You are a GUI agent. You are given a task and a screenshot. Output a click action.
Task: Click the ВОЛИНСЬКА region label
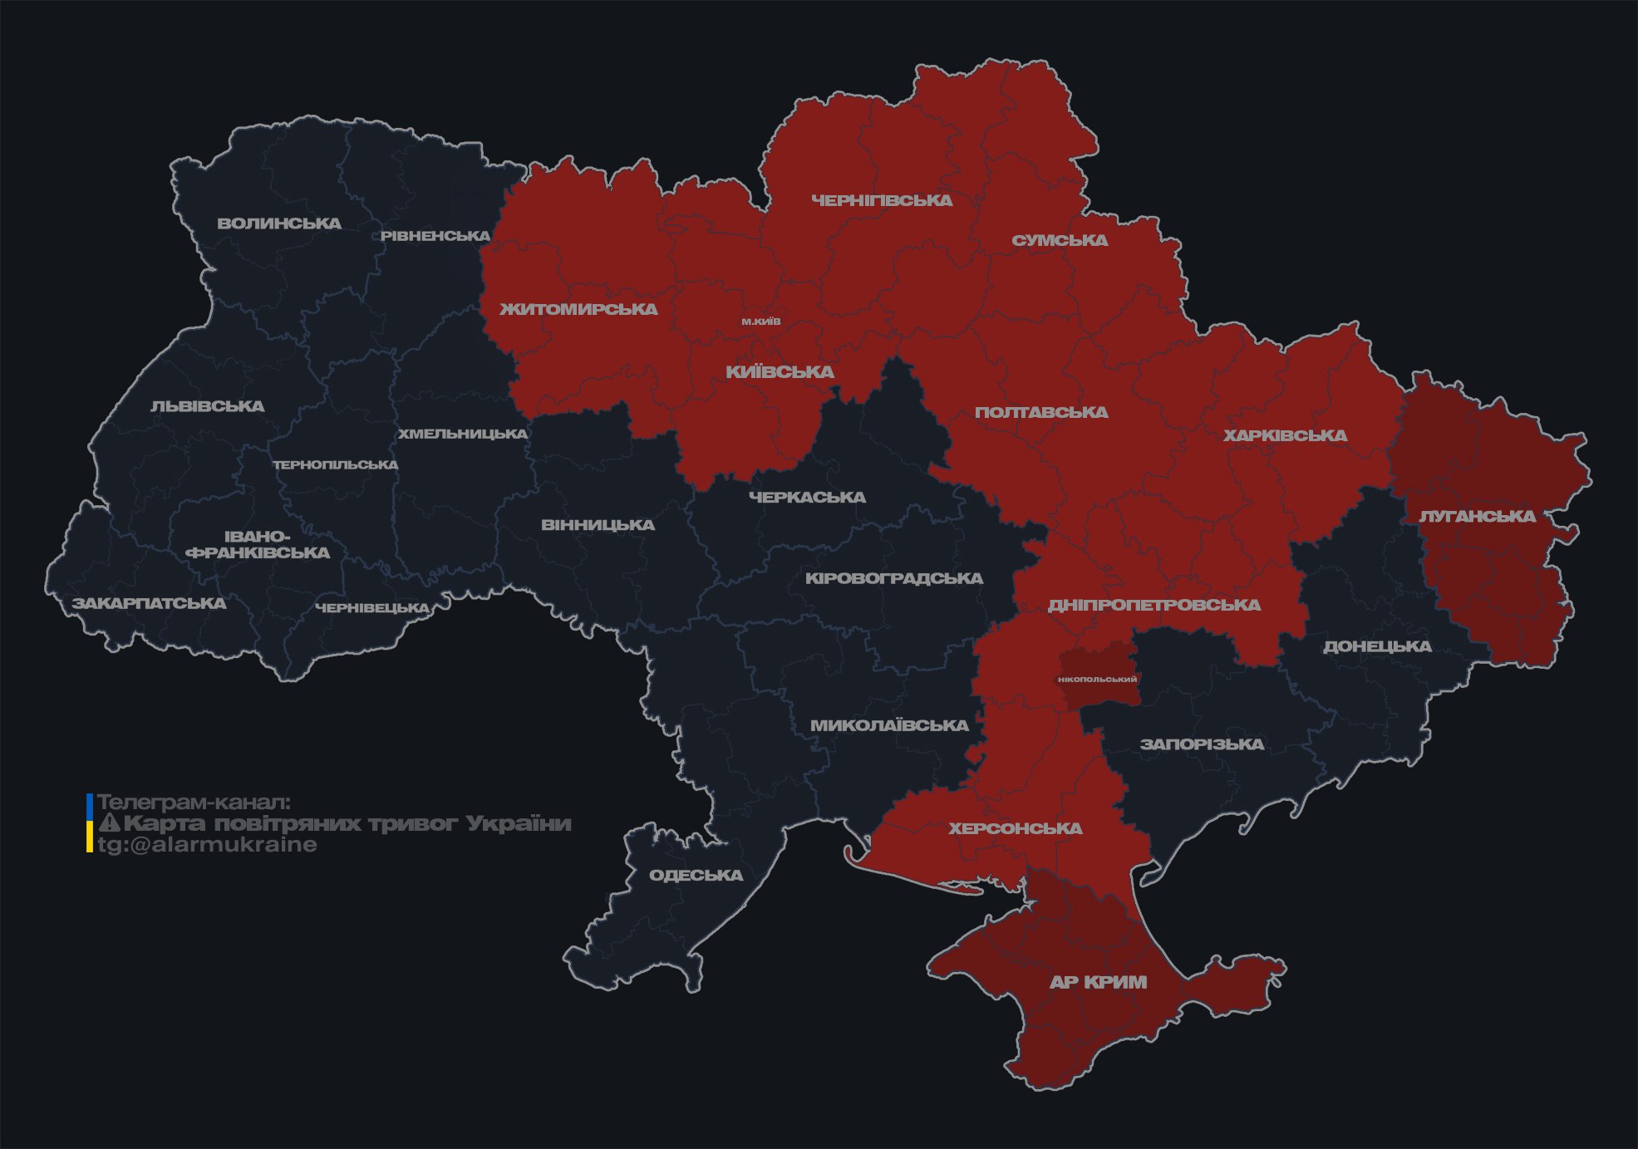(279, 223)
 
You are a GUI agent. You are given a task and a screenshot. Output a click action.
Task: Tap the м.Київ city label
(760, 321)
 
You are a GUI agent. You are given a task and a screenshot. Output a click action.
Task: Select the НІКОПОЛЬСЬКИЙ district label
(1097, 679)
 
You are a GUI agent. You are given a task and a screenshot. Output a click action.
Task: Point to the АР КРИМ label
(1098, 982)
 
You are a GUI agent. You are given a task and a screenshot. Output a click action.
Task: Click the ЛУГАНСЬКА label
(1477, 516)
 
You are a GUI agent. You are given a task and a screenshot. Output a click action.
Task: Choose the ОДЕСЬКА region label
(696, 875)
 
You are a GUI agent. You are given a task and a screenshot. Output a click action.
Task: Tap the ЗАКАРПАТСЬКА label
(149, 603)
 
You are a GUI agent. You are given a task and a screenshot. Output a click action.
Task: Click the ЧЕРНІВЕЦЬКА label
(372, 608)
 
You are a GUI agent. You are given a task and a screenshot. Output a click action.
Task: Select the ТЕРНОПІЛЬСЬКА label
(336, 464)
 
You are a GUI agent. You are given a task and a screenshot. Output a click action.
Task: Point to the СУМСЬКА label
(1060, 240)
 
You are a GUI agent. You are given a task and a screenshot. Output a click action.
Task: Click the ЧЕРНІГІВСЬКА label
(882, 200)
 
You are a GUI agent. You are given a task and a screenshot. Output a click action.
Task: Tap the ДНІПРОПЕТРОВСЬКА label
(1153, 605)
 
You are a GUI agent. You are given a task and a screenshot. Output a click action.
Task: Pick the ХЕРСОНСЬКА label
(1016, 828)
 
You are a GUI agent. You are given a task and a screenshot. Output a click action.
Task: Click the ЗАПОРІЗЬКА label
(1202, 744)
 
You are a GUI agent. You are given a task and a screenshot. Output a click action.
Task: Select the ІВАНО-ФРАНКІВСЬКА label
(258, 545)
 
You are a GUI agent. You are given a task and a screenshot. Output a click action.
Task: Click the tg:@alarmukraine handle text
(207, 845)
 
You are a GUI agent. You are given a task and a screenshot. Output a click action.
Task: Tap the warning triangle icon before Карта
(110, 823)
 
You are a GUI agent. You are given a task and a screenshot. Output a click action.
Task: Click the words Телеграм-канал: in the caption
(194, 803)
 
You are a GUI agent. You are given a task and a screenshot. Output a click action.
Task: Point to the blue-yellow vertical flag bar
(90, 823)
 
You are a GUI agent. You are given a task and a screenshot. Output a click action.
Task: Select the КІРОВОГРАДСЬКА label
(893, 578)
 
